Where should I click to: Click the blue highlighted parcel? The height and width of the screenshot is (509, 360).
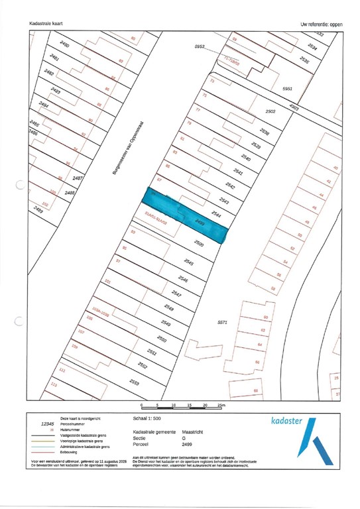186,214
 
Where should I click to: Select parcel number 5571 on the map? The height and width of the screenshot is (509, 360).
223,322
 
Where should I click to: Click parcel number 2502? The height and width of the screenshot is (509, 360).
270,112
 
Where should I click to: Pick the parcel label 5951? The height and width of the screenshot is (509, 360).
287,88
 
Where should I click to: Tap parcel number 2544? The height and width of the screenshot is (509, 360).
215,213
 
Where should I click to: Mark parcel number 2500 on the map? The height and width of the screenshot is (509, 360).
198,244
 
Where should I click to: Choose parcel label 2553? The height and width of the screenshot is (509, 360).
134,383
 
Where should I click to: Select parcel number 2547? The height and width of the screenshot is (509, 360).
176,292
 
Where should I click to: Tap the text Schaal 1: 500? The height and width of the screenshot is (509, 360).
148,420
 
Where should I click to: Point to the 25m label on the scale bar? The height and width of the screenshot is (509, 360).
221,404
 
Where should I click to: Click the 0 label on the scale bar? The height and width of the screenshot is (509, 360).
142,404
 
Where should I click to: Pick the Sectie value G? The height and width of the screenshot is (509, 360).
184,437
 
